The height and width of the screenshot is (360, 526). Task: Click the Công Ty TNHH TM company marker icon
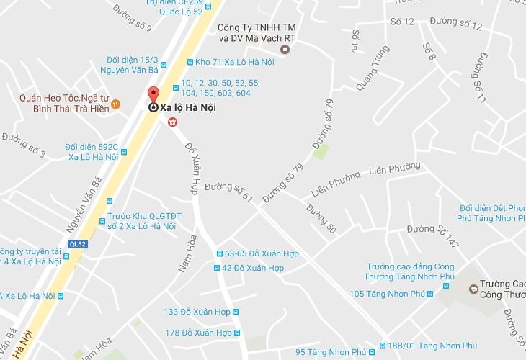[x=285, y=50]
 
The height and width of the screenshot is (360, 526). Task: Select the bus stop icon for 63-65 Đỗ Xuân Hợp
[x=220, y=253]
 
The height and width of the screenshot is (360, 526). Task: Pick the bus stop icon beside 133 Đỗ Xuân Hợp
[x=234, y=312]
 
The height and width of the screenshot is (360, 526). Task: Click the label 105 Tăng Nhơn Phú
[x=385, y=294]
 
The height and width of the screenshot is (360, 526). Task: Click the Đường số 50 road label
[x=321, y=219]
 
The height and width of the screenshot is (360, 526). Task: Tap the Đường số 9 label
[x=133, y=18]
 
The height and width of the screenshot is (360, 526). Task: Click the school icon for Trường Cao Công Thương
[x=473, y=289]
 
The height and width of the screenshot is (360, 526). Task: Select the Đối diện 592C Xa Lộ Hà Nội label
[x=91, y=151]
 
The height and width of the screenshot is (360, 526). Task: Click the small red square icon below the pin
[x=173, y=123]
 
